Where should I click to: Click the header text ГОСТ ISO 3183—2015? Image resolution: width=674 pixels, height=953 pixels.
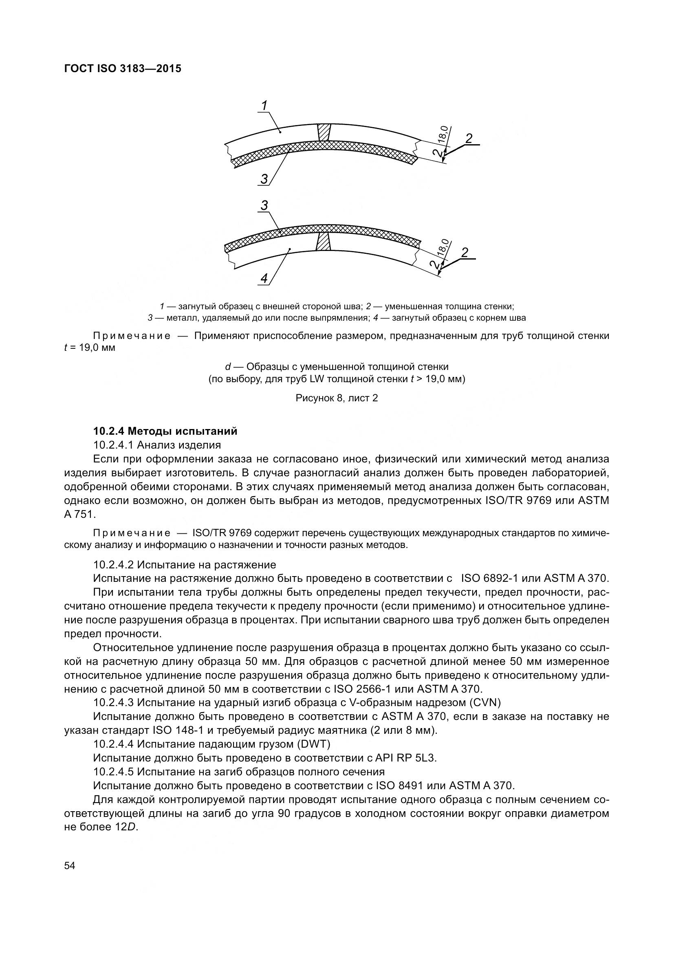click(123, 69)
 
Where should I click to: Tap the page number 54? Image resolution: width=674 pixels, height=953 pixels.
click(70, 866)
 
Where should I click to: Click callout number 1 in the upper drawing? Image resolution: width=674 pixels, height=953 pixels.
click(264, 106)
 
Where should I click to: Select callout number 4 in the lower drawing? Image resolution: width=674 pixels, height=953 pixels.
click(264, 279)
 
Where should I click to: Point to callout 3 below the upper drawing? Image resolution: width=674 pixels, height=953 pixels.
click(264, 179)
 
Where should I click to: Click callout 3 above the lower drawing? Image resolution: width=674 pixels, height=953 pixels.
click(264, 205)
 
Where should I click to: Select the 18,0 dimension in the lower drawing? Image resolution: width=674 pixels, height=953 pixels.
click(443, 247)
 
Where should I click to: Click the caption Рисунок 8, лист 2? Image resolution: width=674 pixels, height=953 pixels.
click(337, 398)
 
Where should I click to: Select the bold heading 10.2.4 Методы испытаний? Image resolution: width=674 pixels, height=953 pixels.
click(165, 431)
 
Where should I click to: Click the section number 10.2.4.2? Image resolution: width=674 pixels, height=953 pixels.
click(113, 564)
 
